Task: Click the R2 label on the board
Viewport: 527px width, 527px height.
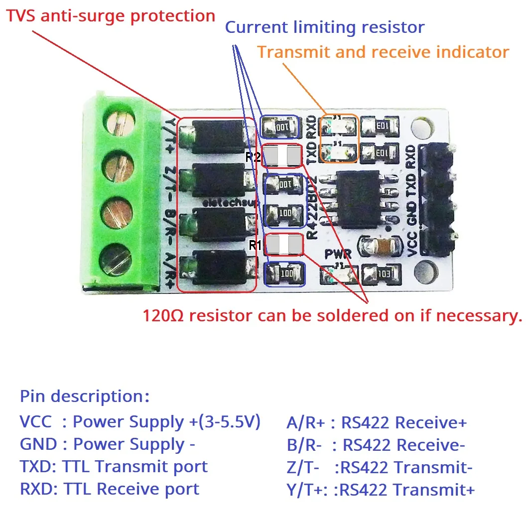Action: coord(253,157)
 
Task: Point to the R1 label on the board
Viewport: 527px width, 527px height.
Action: coord(255,245)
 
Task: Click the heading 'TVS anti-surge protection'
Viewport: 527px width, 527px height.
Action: coord(111,15)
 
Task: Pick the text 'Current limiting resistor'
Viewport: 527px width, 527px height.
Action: coord(325,27)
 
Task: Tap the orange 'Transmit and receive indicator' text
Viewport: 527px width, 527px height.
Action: coord(383,52)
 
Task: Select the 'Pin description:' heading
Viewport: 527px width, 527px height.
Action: coord(85,396)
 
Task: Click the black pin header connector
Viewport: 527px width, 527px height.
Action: coord(436,199)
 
